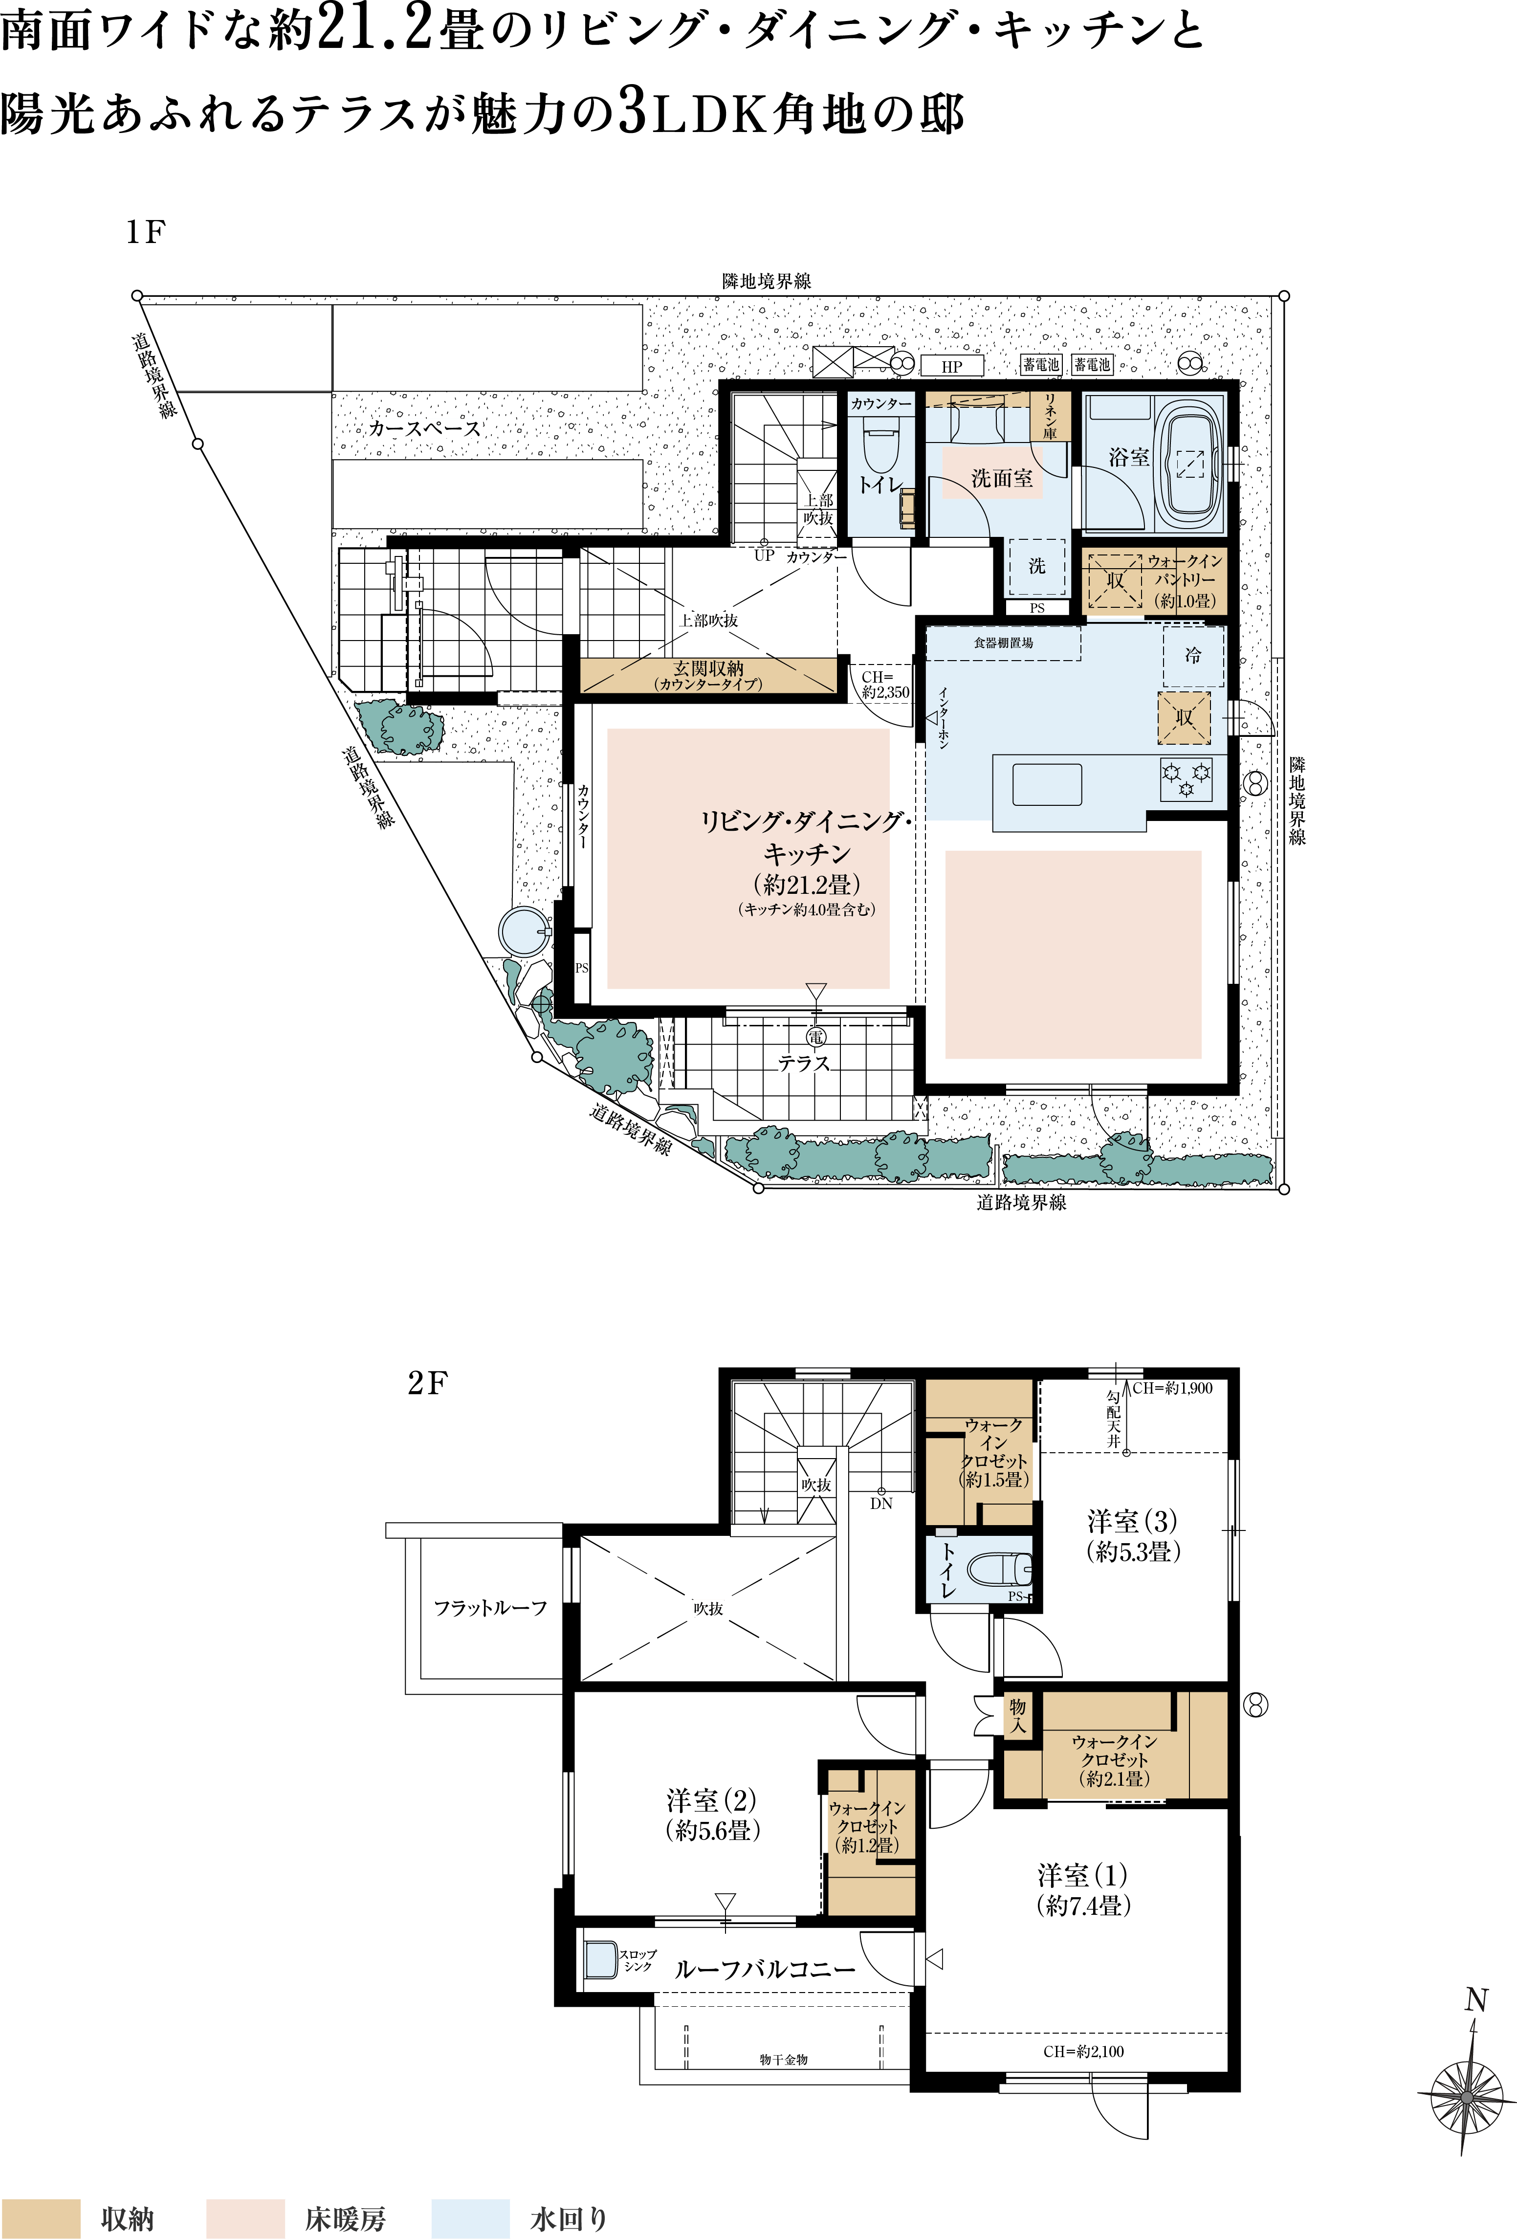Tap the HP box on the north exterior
(x=952, y=366)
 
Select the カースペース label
(x=424, y=429)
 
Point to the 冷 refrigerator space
(x=1193, y=656)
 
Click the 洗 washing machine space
(x=1036, y=567)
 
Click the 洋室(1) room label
(x=1082, y=1889)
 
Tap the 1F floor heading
(x=145, y=232)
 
